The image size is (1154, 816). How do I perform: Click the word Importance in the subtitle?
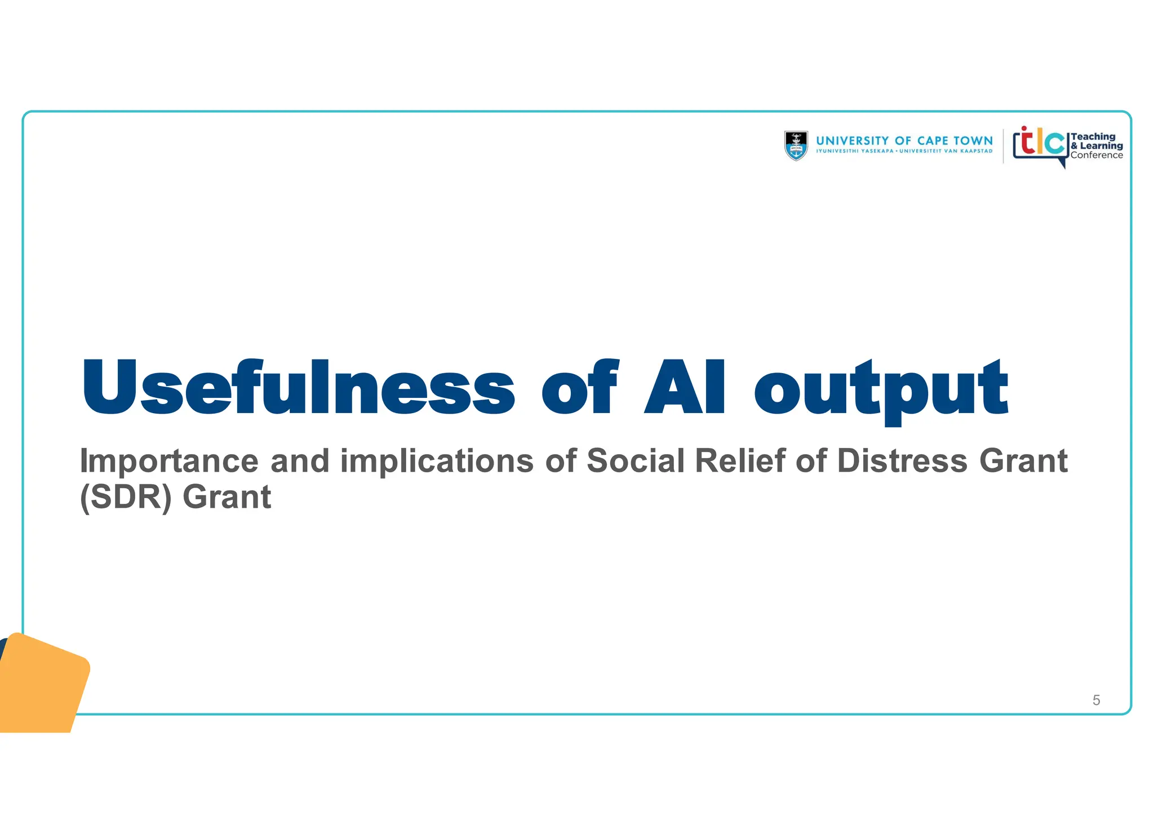tap(168, 461)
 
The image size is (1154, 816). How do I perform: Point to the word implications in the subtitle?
tap(436, 461)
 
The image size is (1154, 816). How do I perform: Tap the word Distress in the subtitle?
tap(902, 460)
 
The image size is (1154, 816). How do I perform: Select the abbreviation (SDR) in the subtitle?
tap(125, 497)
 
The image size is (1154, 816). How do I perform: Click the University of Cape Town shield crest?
tap(796, 145)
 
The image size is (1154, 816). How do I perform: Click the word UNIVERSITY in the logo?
tap(852, 141)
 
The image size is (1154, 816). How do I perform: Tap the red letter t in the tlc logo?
tap(1027, 141)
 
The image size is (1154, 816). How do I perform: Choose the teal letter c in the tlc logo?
tap(1054, 143)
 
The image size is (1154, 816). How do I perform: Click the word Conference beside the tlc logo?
tap(1097, 156)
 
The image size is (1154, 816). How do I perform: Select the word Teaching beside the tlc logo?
tap(1093, 136)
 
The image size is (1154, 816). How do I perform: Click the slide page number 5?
tap(1096, 700)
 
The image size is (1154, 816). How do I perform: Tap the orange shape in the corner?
tap(42, 685)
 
